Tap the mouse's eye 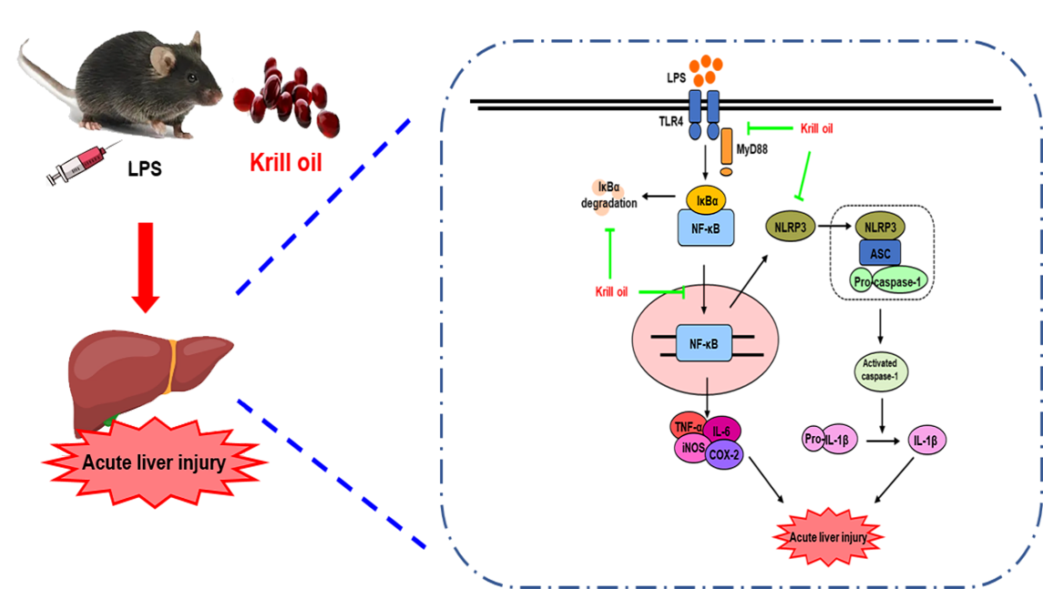point(192,77)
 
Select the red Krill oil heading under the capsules point(286,162)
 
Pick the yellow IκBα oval point(706,200)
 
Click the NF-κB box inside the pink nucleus point(704,344)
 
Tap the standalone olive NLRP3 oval point(791,227)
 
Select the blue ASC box point(879,253)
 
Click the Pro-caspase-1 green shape point(887,282)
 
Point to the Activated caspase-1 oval point(881,371)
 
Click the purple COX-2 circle point(723,454)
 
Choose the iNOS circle point(691,448)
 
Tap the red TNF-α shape point(687,426)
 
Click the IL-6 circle point(721,431)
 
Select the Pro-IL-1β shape point(830,440)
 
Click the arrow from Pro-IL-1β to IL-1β point(884,440)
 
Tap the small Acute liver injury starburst point(828,537)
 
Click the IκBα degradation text point(608,196)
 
